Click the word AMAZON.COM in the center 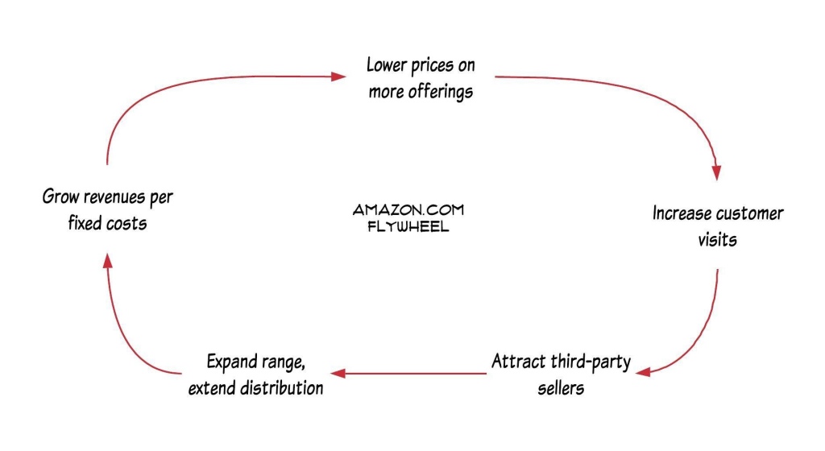[x=408, y=209]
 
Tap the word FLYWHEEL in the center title [x=408, y=226]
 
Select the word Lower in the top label [x=387, y=65]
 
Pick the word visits [x=717, y=240]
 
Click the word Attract [x=518, y=362]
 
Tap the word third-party [x=591, y=362]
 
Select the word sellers [x=561, y=388]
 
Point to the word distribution [x=281, y=388]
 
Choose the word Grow [x=60, y=197]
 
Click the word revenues [x=114, y=197]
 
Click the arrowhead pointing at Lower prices [x=338, y=77]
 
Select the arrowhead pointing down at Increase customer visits [x=716, y=172]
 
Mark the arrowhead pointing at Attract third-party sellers [x=643, y=372]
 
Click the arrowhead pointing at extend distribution [x=338, y=373]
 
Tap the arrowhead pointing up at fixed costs [x=107, y=261]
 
